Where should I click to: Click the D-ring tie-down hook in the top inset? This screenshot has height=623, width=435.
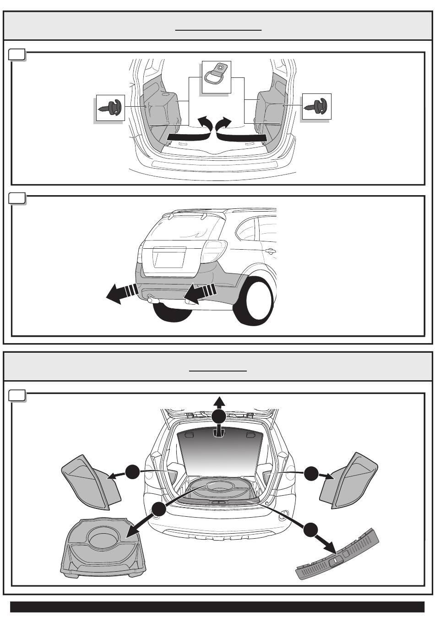217,73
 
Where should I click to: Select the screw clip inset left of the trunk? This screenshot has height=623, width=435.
110,108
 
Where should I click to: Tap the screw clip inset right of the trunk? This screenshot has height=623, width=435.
316,107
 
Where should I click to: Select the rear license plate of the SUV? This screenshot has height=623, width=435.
169,257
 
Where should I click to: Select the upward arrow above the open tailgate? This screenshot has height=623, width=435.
219,403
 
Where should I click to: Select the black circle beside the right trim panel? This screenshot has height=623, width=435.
311,473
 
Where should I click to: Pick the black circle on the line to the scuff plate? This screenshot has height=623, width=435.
311,530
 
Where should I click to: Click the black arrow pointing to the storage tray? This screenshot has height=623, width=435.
137,527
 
